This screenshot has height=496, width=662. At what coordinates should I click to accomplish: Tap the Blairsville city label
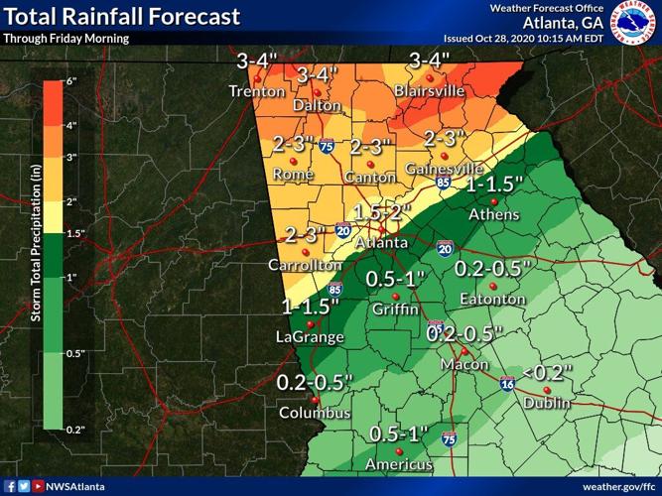429,90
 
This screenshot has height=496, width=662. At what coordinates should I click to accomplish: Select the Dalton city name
317,105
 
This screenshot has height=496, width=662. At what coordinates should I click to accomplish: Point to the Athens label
494,215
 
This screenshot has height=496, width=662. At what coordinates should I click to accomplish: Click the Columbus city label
314,413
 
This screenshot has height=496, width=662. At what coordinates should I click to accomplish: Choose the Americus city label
398,464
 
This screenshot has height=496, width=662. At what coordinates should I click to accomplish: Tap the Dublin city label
546,403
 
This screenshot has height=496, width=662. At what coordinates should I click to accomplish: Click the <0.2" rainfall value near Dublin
547,373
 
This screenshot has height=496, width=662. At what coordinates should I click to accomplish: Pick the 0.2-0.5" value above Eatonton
493,269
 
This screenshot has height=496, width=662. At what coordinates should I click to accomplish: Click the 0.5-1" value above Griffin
395,280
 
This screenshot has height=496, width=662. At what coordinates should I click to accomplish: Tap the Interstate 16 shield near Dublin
507,383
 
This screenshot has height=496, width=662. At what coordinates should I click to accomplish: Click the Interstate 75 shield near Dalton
327,147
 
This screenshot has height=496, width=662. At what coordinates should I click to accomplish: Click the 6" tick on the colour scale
71,81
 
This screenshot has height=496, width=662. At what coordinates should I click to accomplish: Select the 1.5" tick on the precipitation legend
75,233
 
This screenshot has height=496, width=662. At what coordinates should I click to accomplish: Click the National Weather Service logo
633,22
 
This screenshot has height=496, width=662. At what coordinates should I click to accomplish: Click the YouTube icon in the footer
38,487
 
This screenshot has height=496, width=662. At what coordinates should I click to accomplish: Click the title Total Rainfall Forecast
122,16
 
